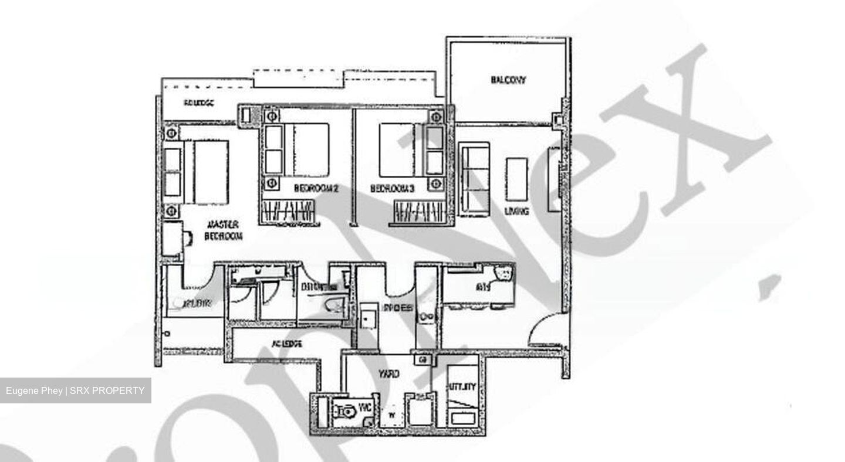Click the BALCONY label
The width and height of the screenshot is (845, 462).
click(x=508, y=80)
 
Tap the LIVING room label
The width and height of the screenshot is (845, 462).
click(x=516, y=211)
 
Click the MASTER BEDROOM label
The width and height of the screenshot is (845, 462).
click(x=223, y=230)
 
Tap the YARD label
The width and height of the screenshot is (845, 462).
click(x=388, y=373)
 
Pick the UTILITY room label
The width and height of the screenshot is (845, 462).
click(x=463, y=387)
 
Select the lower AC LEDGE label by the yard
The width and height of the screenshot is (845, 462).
click(x=287, y=344)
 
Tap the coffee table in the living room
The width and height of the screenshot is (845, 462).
click(x=516, y=179)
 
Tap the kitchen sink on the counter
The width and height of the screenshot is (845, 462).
click(x=427, y=317)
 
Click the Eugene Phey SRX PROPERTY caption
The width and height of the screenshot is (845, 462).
click(x=75, y=390)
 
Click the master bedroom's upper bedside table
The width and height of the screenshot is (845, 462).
click(x=171, y=134)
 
